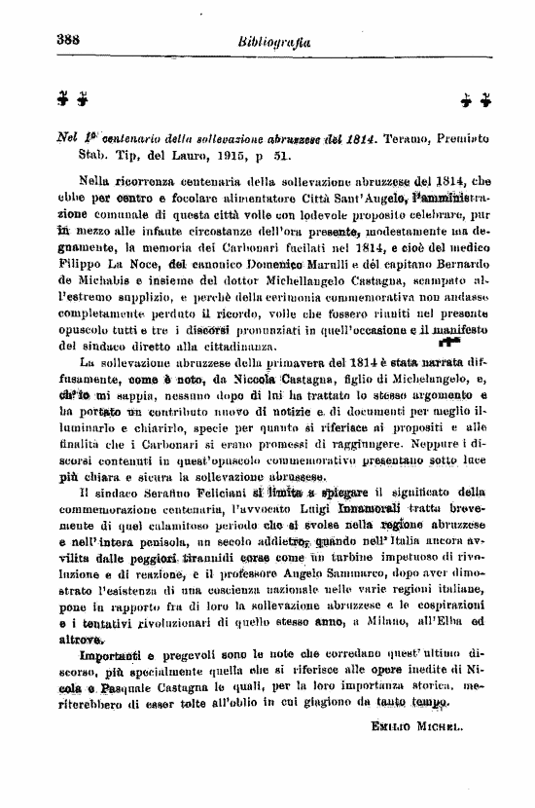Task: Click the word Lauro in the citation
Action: pos(159,155)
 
